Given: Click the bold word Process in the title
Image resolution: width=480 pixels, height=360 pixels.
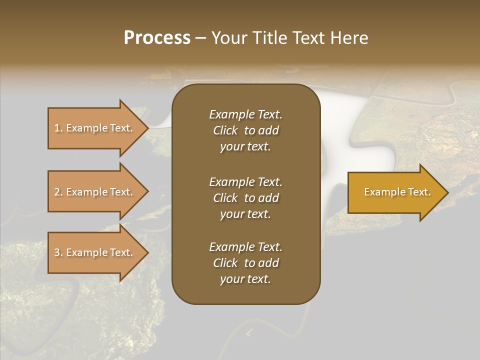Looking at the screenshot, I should [157, 38].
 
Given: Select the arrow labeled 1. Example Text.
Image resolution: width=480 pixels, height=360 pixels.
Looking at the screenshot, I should [95, 128].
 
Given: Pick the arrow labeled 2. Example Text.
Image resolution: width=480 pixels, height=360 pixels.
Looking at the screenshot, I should [95, 192].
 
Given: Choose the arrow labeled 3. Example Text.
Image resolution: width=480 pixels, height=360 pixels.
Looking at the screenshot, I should [95, 252].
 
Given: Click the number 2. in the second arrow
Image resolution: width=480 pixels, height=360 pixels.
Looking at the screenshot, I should [58, 192].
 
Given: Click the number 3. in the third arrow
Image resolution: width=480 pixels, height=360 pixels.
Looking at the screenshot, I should [58, 252].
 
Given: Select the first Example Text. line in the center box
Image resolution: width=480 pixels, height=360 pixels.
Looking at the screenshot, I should [245, 114].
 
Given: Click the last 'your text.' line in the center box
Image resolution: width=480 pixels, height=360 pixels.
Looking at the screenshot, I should [245, 279].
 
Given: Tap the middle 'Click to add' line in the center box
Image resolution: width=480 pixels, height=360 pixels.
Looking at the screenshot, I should [245, 198].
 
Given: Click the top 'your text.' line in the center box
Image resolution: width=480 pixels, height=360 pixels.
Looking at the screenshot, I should [245, 147].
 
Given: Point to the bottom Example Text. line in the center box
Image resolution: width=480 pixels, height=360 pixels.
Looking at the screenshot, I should [245, 247].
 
